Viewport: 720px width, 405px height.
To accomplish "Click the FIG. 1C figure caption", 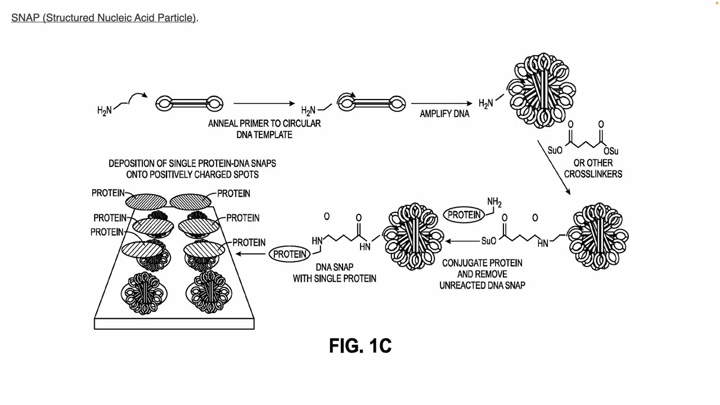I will pyautogui.click(x=360, y=345).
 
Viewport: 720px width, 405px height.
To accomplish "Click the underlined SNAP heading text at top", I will pyautogui.click(x=103, y=17).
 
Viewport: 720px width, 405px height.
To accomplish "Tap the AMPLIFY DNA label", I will pyautogui.click(x=444, y=114).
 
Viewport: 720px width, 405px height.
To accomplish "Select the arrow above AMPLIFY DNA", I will pyautogui.click(x=441, y=103).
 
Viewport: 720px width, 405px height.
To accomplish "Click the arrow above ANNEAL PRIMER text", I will pyautogui.click(x=264, y=103).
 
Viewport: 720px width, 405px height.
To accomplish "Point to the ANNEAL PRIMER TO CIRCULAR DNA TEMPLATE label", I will pyautogui.click(x=264, y=129).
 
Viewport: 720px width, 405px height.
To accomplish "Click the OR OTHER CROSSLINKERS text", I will pyautogui.click(x=593, y=168).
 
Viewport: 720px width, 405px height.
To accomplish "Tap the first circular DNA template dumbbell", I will pyautogui.click(x=189, y=103).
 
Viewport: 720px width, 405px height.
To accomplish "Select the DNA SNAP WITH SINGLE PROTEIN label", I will pyautogui.click(x=334, y=273).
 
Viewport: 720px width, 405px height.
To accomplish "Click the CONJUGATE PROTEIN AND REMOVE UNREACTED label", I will pyautogui.click(x=482, y=274).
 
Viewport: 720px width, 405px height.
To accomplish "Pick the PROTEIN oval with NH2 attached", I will pyautogui.click(x=464, y=215).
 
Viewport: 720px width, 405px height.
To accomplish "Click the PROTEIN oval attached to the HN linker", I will pyautogui.click(x=290, y=254).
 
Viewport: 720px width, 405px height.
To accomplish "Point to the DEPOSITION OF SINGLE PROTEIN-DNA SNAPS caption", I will pyautogui.click(x=192, y=169).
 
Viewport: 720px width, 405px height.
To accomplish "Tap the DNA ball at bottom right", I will pyautogui.click(x=597, y=236).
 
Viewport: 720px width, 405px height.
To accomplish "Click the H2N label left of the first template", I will pyautogui.click(x=105, y=111).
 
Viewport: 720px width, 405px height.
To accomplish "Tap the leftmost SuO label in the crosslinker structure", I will pyautogui.click(x=555, y=151).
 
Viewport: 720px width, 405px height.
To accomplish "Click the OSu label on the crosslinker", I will pyautogui.click(x=610, y=151).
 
